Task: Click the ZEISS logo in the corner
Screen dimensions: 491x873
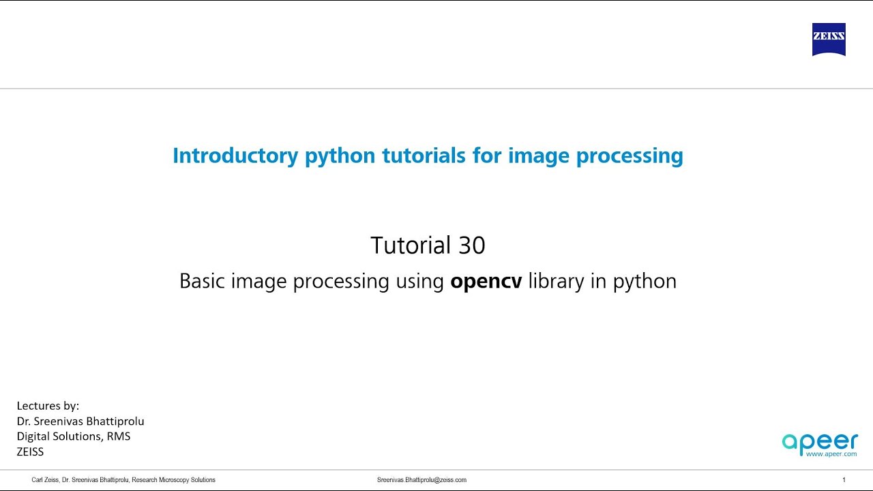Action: coord(829,40)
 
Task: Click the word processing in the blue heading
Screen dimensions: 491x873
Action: coord(630,156)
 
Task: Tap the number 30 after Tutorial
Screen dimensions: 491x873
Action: coord(471,245)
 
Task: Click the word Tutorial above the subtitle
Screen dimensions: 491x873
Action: coord(411,245)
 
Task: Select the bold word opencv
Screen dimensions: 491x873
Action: coord(486,282)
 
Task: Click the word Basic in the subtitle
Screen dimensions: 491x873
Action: coord(203,282)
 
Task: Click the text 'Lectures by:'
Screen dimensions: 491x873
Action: coord(48,406)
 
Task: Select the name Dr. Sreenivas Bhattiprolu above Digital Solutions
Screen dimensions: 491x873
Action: coord(80,421)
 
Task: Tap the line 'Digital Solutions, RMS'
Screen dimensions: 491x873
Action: coord(73,436)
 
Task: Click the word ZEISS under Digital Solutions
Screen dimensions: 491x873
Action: coord(30,451)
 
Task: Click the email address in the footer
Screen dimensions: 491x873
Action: coord(421,480)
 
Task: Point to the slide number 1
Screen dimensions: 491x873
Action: coord(844,480)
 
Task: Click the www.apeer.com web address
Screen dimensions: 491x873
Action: coord(831,453)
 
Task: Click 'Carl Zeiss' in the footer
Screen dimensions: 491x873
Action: coord(45,480)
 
